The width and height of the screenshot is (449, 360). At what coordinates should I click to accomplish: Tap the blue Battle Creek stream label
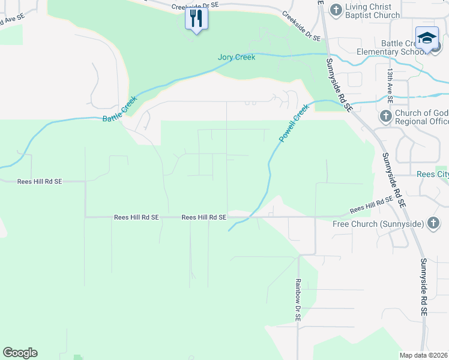[x=120, y=110]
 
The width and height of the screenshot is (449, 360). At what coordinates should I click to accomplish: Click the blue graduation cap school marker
[x=427, y=37]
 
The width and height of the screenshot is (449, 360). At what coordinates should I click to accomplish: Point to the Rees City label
[x=433, y=175]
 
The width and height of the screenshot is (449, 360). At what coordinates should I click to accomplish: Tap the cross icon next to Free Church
[x=433, y=224]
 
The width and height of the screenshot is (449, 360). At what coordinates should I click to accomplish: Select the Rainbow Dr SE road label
[x=297, y=299]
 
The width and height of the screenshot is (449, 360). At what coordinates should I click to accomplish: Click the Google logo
[x=20, y=353]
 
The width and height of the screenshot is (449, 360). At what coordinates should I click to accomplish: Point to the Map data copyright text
[x=423, y=355]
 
